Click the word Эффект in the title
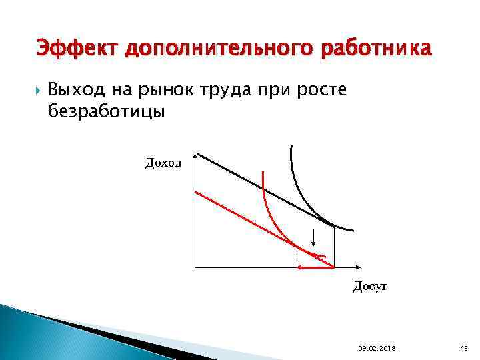[75, 49]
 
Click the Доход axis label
[163, 162]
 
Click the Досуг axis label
[370, 287]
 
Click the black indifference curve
[297, 187]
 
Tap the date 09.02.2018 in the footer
[376, 347]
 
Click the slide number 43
[464, 347]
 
